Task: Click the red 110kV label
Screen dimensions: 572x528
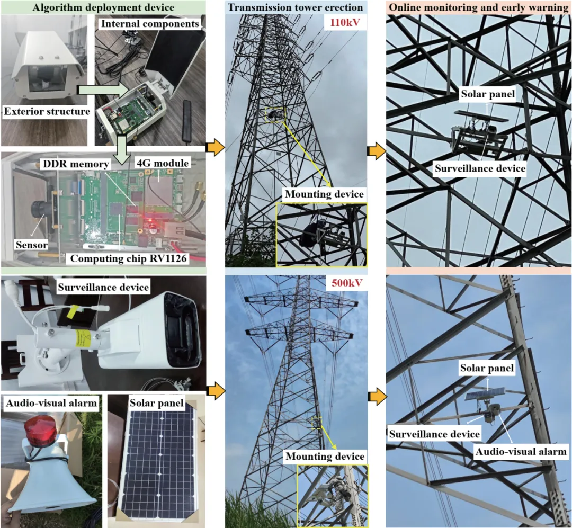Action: (x=345, y=23)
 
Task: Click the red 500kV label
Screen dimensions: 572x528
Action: (x=347, y=283)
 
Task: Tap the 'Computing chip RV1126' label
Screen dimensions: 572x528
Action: (x=128, y=259)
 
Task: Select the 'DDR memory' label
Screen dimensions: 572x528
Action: (x=76, y=164)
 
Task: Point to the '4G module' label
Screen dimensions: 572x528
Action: (x=163, y=163)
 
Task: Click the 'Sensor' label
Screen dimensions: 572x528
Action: (x=31, y=245)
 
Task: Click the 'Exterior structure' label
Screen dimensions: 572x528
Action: (x=47, y=111)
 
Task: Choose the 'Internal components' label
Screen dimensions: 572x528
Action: (x=150, y=24)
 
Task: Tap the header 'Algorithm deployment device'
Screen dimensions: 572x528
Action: (x=103, y=7)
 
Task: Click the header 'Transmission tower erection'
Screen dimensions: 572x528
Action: (x=296, y=7)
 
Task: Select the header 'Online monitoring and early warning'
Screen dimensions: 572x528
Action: (x=479, y=7)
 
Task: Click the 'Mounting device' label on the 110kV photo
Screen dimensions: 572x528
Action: (x=324, y=194)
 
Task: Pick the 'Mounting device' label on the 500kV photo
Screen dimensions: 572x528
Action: (x=325, y=457)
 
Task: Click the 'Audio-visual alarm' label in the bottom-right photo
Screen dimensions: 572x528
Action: (x=521, y=452)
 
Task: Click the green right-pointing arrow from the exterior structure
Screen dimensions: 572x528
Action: (x=103, y=90)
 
